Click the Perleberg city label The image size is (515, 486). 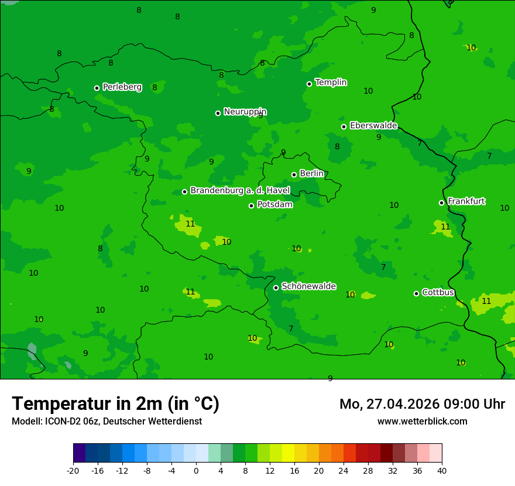[x=122, y=87]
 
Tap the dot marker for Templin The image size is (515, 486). [x=309, y=84]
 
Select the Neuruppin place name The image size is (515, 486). [x=245, y=112]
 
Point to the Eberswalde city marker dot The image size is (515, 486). [x=344, y=126]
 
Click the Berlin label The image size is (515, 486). [x=311, y=174]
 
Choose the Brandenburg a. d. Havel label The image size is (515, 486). [x=240, y=191]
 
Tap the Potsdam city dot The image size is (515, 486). [x=251, y=206]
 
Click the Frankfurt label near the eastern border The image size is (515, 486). [x=466, y=201]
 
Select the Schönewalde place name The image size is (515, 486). [x=308, y=286]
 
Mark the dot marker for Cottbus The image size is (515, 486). [x=416, y=293]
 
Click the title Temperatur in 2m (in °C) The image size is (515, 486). [x=115, y=403]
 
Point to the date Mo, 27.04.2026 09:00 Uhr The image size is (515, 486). [x=422, y=404]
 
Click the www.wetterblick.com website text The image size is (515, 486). [x=422, y=421]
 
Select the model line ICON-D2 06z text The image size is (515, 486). [x=107, y=421]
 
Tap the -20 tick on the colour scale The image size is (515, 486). [x=73, y=470]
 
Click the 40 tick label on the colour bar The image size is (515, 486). [x=442, y=470]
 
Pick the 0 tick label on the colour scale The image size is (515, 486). [x=196, y=470]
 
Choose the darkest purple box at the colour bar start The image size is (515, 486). [x=79, y=453]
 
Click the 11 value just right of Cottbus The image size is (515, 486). [x=486, y=301]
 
